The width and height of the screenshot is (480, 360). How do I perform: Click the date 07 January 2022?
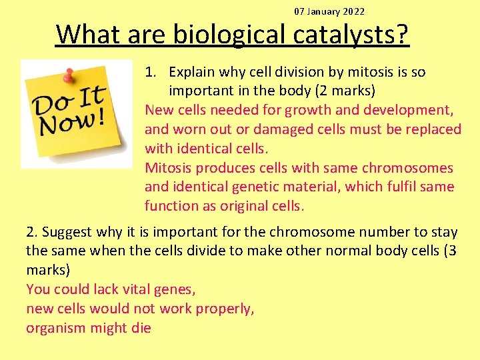pos(329,11)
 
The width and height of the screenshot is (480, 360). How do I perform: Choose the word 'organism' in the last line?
pos(55,328)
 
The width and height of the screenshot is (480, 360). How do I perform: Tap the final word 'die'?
pos(141,328)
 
